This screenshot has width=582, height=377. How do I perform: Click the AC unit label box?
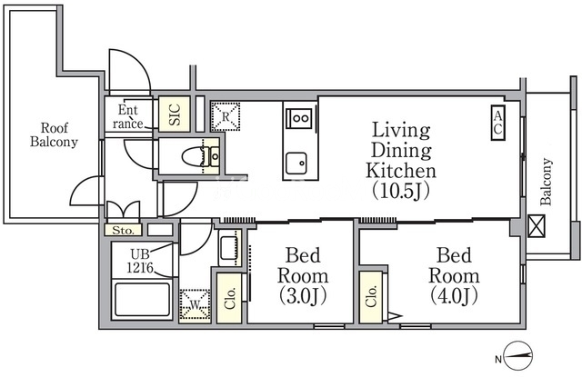[497, 123]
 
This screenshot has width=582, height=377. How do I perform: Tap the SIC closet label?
[175, 114]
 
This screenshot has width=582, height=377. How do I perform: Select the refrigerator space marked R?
[226, 116]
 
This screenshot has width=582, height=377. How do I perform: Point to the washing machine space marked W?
[195, 305]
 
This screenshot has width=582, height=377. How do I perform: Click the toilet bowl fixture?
[196, 157]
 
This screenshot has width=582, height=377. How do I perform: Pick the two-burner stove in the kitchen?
[300, 119]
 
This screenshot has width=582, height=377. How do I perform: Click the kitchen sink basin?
[296, 164]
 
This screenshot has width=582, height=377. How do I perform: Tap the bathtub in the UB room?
[142, 299]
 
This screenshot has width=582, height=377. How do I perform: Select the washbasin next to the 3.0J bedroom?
[229, 247]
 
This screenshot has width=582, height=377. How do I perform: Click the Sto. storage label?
[123, 230]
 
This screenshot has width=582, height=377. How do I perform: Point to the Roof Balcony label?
[55, 134]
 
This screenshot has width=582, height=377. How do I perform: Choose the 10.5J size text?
[401, 191]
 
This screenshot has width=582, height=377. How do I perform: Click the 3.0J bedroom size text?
[303, 296]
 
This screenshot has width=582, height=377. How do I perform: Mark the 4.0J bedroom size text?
[454, 295]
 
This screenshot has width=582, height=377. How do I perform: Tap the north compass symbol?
[518, 355]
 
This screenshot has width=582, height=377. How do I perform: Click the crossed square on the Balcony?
[536, 226]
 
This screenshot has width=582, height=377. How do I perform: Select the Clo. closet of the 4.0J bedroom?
[371, 297]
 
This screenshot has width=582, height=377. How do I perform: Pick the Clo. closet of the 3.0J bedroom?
[229, 298]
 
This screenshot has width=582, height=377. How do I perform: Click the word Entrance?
[128, 116]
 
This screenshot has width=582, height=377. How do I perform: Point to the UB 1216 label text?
[140, 260]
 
